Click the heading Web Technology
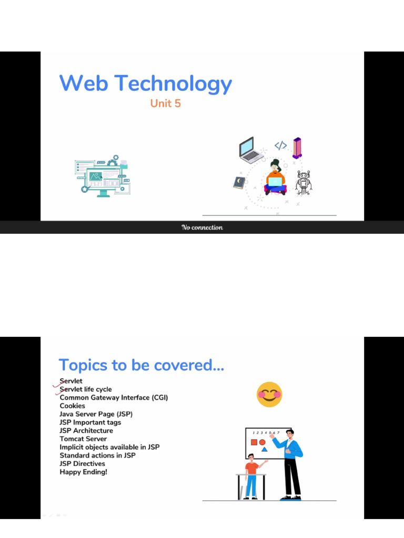click(145, 84)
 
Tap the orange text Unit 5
click(165, 104)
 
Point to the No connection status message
click(202, 227)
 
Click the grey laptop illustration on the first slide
click(250, 150)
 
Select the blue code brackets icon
click(280, 146)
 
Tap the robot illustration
click(304, 182)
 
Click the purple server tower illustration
click(297, 148)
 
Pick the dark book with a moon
click(239, 182)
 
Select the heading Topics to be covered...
click(141, 365)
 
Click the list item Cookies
click(72, 406)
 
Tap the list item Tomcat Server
click(83, 439)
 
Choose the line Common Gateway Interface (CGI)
click(114, 398)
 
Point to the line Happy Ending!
click(83, 472)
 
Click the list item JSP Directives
click(82, 463)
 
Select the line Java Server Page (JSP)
click(96, 414)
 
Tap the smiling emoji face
click(269, 395)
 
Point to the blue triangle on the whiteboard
click(264, 449)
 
